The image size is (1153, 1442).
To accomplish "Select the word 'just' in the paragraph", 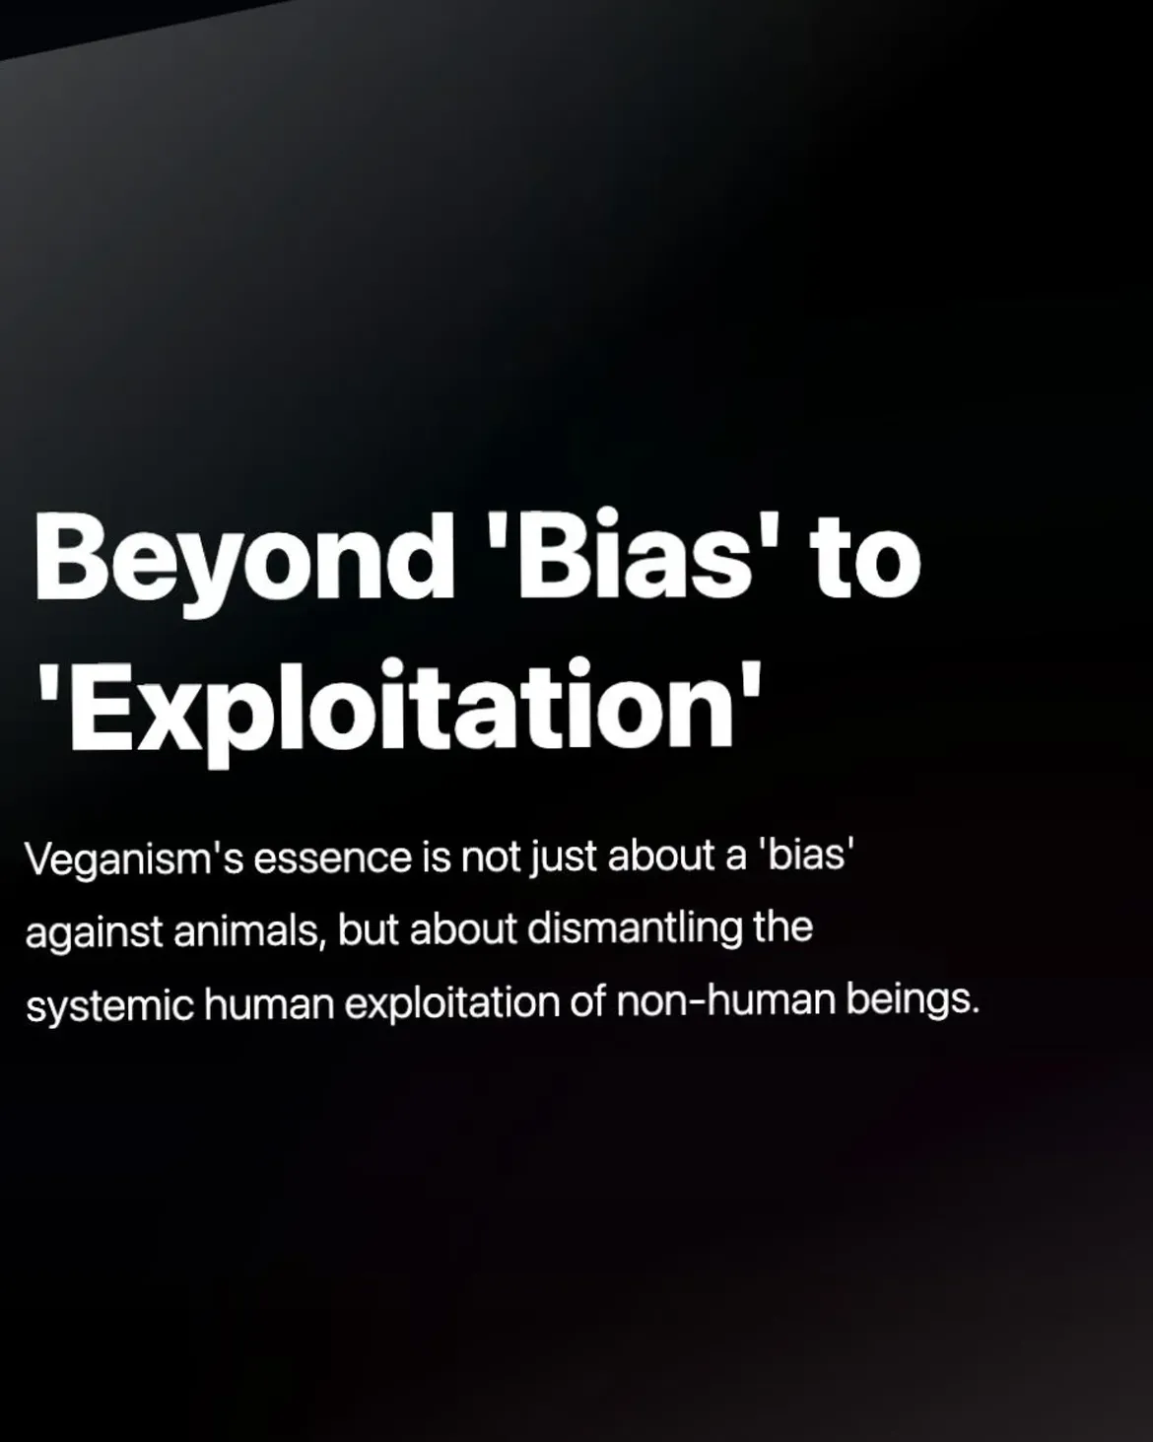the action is [x=564, y=860].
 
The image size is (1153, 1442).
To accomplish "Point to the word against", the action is [x=95, y=933].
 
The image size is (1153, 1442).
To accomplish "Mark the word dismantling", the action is [x=635, y=930].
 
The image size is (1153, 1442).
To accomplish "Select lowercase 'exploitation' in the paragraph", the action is [x=453, y=1003].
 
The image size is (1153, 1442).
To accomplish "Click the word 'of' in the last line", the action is [x=589, y=1001].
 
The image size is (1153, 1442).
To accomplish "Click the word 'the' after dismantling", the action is [x=783, y=927].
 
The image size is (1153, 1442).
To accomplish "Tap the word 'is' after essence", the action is [x=438, y=858].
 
